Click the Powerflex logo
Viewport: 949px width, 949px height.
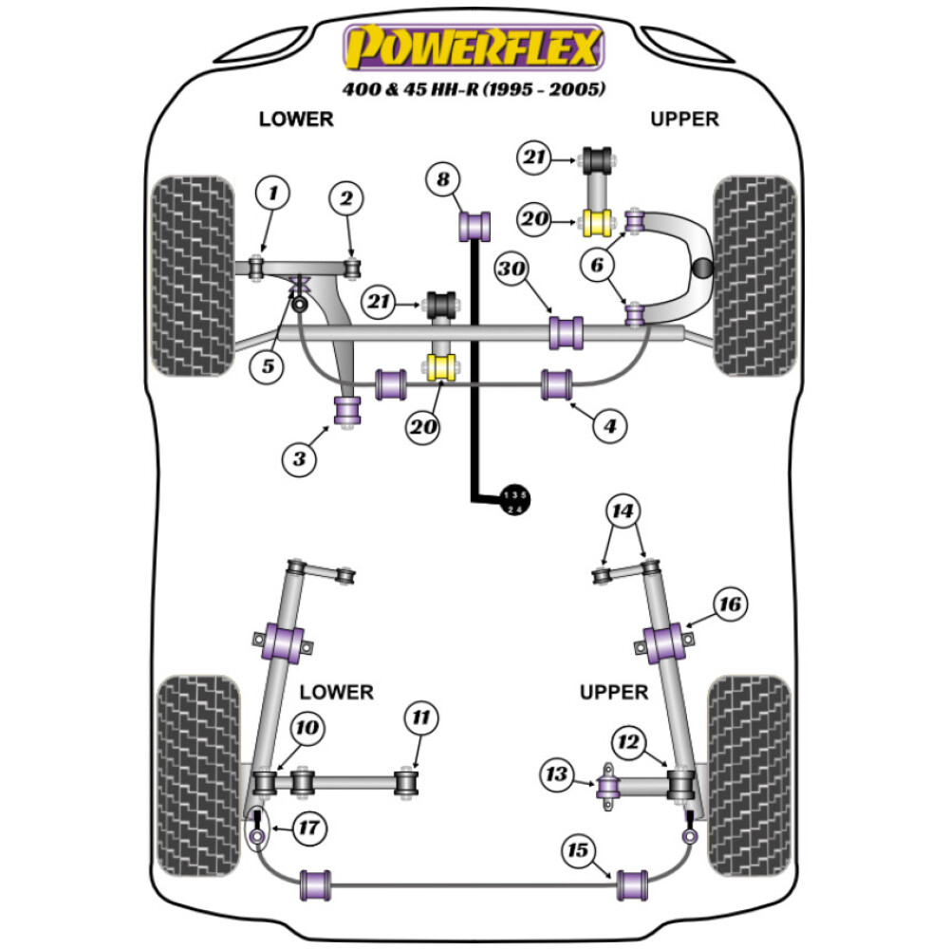pos(474,47)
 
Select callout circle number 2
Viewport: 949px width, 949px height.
pos(345,198)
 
